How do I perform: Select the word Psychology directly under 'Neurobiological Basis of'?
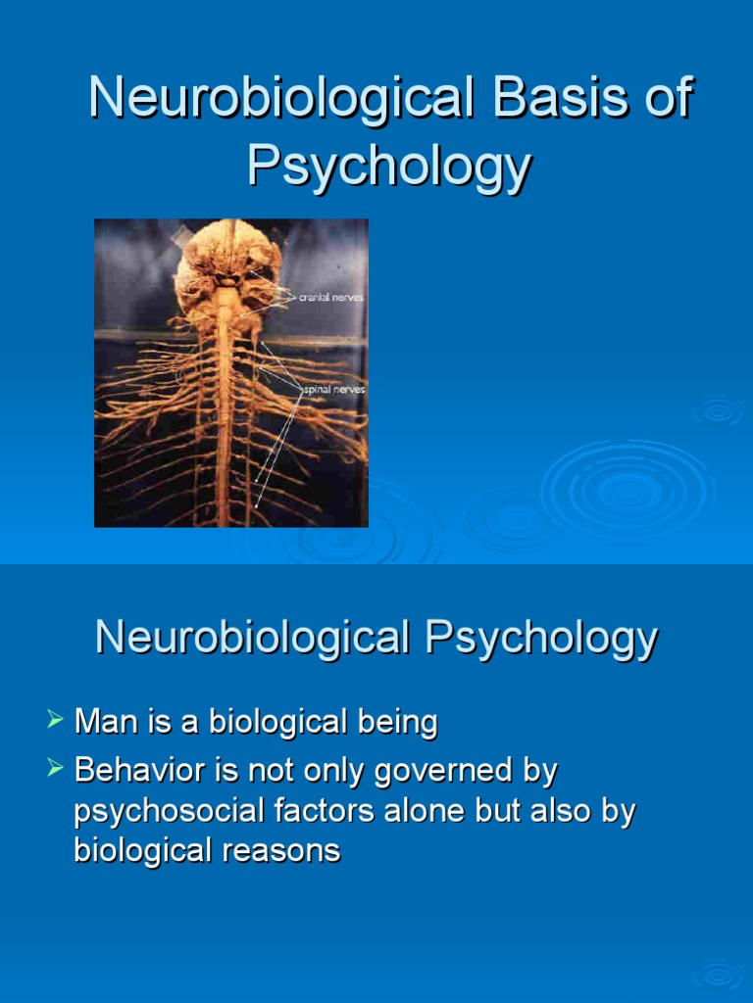pos(389,166)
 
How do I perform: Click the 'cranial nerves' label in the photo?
pos(331,296)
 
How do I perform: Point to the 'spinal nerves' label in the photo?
pos(333,390)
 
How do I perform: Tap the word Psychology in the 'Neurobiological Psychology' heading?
pos(541,639)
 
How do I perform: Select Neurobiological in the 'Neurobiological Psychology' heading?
pos(252,639)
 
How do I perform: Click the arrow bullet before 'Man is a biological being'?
pos(56,722)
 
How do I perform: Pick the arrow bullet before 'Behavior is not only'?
pos(56,769)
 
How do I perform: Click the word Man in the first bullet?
pos(103,723)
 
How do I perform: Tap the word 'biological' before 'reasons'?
pos(142,850)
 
